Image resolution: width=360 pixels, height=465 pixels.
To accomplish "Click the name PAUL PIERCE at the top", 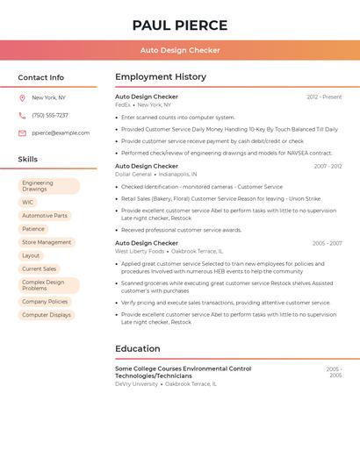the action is (180, 25).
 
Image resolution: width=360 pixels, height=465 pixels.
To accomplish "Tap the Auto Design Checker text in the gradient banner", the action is (180, 50).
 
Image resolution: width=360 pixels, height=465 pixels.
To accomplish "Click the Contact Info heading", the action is (41, 77).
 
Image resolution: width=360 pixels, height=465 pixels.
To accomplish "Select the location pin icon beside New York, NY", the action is (22, 98).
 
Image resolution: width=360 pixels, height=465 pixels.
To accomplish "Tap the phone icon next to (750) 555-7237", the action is (22, 116).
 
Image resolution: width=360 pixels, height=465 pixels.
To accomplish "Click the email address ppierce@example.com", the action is (61, 133).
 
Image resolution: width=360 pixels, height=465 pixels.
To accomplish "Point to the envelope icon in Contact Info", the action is (22, 133).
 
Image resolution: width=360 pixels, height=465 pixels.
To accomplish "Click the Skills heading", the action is (28, 160).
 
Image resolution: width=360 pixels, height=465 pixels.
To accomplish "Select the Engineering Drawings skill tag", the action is (49, 186).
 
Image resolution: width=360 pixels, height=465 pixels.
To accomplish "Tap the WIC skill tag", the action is (28, 203).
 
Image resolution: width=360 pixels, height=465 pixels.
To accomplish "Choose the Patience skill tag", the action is (33, 229).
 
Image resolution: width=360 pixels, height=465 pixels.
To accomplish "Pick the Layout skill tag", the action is (31, 255).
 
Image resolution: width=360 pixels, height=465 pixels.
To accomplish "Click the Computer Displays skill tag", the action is (47, 315).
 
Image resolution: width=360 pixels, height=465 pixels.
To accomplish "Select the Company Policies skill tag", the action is (45, 302).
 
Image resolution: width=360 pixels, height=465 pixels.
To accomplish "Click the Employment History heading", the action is (161, 77).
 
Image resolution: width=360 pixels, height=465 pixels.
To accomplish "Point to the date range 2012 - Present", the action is (324, 97).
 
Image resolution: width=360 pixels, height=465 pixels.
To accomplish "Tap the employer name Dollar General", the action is (133, 174).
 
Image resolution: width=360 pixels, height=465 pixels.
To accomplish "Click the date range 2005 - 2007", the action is (327, 243).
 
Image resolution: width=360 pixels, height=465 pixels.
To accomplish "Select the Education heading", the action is (138, 348).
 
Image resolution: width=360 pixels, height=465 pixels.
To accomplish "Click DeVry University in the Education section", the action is (137, 383).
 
